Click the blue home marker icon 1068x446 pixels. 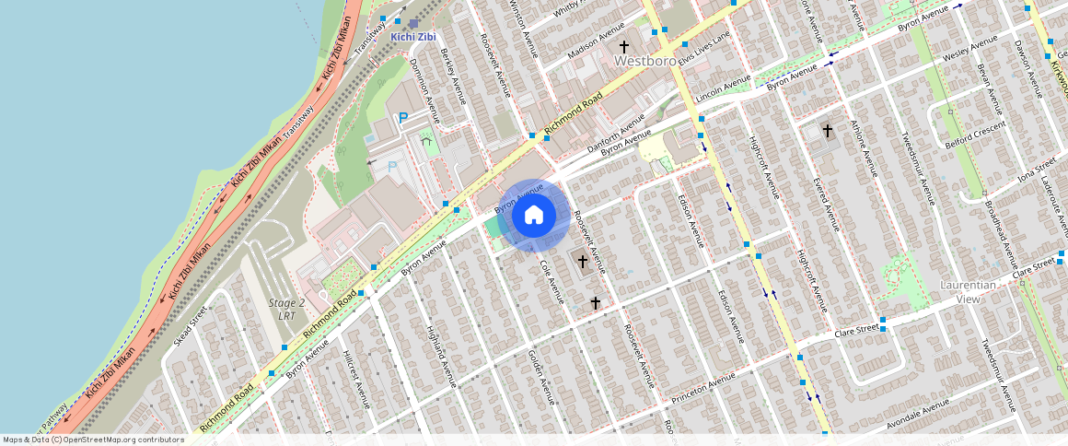[534, 216]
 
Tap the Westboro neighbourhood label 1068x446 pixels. [645, 60]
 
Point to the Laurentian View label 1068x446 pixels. [968, 292]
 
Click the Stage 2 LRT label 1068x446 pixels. [286, 310]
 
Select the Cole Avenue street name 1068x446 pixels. [551, 281]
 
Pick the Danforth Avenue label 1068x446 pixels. [618, 134]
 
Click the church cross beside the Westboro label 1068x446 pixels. [624, 46]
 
